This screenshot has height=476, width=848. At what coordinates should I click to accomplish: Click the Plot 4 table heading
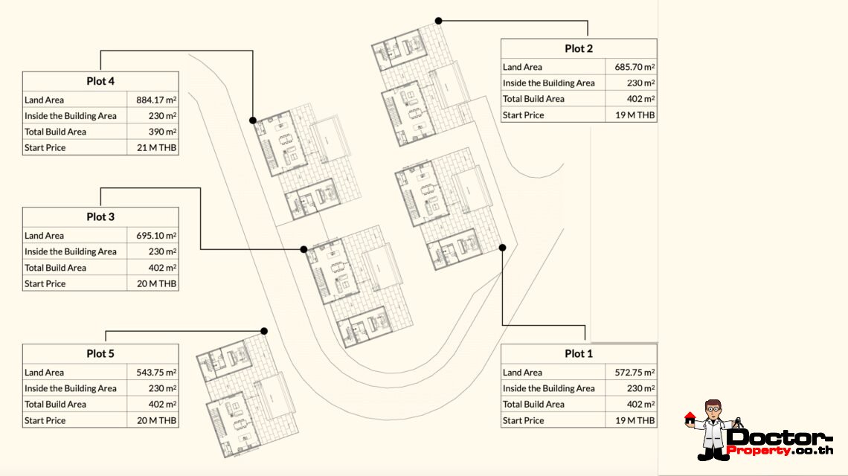100,81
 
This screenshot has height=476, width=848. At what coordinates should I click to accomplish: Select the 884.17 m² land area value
156,100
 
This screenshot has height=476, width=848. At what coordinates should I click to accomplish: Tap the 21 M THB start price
156,148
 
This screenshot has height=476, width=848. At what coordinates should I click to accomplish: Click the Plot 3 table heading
100,217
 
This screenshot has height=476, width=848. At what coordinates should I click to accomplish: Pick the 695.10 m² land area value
156,235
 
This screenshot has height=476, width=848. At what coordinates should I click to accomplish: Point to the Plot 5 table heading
100,354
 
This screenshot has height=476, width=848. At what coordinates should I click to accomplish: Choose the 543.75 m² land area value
156,372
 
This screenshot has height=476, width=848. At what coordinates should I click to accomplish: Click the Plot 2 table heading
579,48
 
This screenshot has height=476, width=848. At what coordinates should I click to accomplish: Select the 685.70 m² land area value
635,67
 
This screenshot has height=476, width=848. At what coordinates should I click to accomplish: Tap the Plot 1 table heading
579,354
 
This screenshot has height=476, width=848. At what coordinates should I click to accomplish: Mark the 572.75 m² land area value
635,372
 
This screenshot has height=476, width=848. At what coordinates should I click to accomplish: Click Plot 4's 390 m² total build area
162,132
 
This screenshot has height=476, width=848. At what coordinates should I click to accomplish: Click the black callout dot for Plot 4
253,120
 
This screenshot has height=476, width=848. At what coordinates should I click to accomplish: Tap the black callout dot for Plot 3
304,249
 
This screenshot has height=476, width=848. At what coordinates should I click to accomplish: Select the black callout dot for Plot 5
264,331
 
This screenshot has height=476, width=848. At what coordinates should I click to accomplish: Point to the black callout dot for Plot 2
439,21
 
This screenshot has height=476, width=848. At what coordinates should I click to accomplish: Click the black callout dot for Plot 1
502,248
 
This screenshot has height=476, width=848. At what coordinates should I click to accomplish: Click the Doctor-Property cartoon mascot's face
713,411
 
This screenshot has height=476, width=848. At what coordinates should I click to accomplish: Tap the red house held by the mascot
690,418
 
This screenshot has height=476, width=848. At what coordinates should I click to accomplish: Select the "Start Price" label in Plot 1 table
523,420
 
